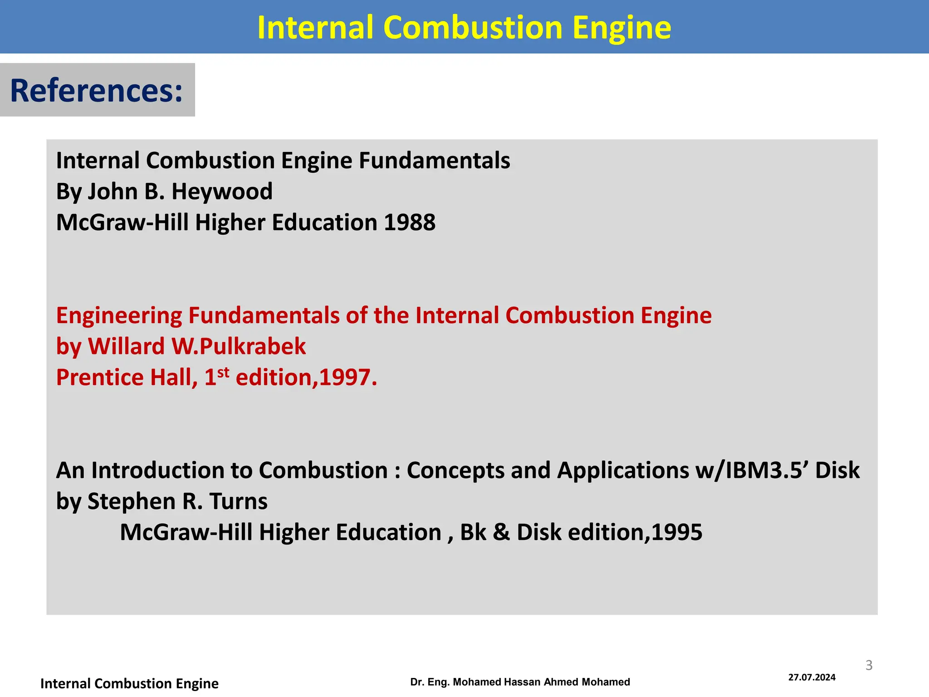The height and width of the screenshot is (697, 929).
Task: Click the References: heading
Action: pos(96,90)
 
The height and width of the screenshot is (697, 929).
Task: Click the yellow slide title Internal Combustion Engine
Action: pos(464,27)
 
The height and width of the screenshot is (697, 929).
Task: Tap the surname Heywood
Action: pos(222,191)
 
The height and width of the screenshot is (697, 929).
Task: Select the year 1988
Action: pos(410,222)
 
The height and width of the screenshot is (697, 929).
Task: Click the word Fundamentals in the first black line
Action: pos(434,160)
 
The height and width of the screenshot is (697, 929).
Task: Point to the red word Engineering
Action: pos(119,315)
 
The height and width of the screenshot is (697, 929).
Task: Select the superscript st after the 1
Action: pos(223,373)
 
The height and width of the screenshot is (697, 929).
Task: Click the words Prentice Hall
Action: pos(127,378)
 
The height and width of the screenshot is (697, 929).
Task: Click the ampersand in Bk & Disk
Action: pos(501,532)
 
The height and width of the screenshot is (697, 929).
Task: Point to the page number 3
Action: pos(869,665)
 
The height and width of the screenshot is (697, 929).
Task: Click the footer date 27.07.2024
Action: pos(812,677)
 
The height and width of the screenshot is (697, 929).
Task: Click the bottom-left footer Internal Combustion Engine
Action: pos(129,683)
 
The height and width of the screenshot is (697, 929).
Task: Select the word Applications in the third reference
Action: pos(623,470)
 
